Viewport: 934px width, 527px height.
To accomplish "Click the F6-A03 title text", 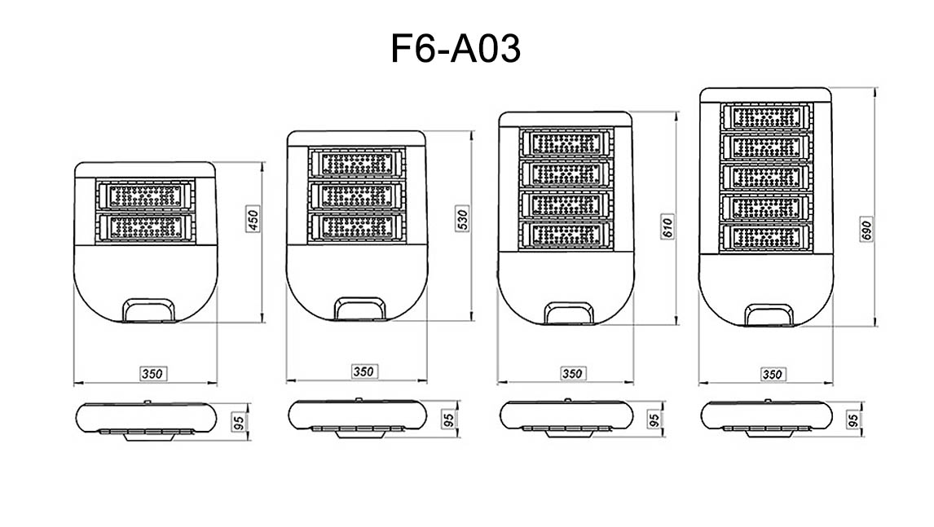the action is point(456,48).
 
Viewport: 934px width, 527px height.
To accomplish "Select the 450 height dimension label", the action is point(253,219).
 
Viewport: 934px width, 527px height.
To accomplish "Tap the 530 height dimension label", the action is point(462,218).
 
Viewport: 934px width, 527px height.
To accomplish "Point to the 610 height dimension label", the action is point(667,226).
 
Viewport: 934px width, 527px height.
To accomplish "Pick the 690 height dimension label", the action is point(866,229).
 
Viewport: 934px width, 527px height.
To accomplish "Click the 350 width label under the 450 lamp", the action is point(152,373).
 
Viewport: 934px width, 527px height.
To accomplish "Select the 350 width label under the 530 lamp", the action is point(363,371).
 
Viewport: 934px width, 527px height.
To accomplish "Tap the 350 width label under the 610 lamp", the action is point(572,373).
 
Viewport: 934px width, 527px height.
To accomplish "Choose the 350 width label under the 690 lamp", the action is point(772,374).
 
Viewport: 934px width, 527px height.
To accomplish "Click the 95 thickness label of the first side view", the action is point(239,422).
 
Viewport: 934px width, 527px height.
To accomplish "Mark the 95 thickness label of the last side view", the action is point(853,419).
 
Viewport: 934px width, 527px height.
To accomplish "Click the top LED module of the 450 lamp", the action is point(145,195).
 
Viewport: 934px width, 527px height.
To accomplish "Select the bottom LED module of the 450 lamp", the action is point(145,227).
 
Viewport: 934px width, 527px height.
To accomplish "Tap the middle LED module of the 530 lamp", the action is point(357,195).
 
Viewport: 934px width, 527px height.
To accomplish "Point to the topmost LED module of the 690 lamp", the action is point(767,116).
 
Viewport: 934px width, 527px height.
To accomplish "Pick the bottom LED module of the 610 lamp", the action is point(566,235).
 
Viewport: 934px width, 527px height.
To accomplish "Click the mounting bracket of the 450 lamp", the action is point(149,310).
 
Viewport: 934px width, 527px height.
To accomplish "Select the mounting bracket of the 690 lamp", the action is point(769,315).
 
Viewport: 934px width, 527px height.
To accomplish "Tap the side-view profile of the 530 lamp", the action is point(358,417).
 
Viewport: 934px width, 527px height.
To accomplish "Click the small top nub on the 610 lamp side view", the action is point(567,400).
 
